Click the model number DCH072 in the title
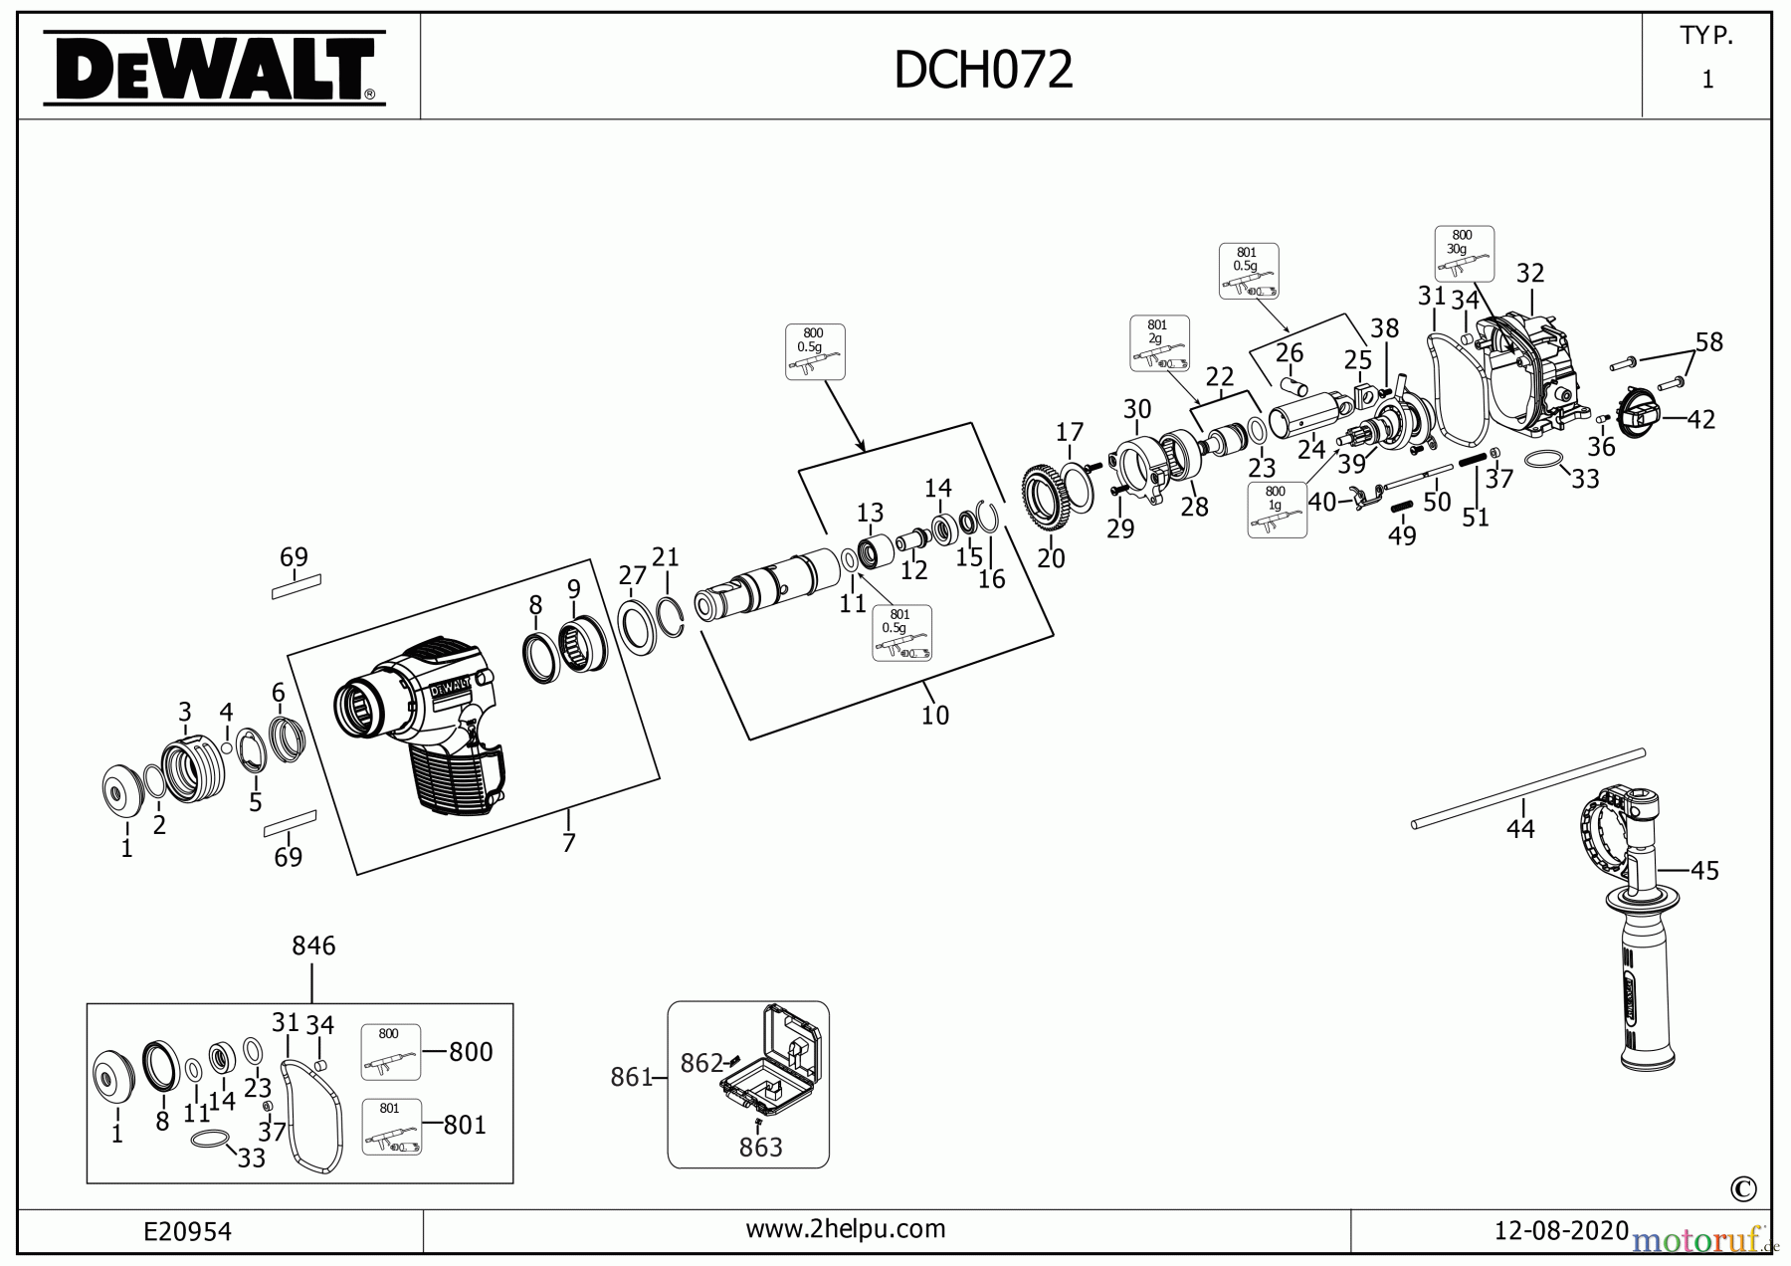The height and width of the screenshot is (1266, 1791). (x=983, y=70)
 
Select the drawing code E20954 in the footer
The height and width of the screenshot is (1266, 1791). (x=188, y=1232)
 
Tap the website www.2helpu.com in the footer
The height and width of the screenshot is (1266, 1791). (x=846, y=1229)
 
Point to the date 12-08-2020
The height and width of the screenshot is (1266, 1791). (x=1561, y=1230)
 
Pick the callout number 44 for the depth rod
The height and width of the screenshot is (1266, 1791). (x=1520, y=828)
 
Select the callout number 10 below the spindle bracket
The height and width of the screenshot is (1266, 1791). (x=934, y=715)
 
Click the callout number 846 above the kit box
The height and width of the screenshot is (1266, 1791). (x=313, y=946)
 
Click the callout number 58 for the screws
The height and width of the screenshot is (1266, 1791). (x=1708, y=342)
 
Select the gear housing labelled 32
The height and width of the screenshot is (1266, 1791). (x=1527, y=378)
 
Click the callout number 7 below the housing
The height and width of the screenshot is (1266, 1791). (x=568, y=843)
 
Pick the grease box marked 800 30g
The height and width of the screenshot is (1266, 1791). (x=1464, y=254)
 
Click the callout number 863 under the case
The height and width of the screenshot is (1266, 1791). (x=761, y=1148)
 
